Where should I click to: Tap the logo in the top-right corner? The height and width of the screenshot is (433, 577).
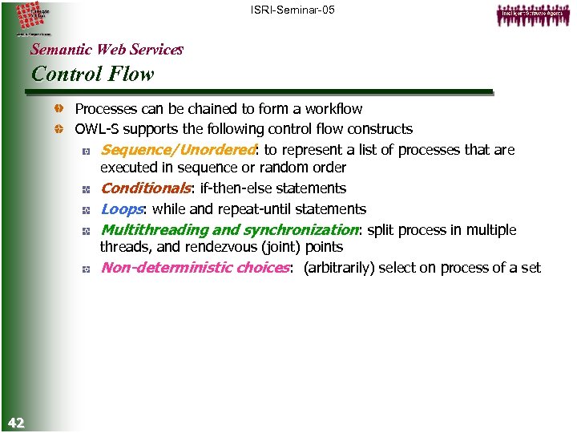pyautogui.click(x=531, y=14)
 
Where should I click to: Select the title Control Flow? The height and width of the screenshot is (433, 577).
pyautogui.click(x=92, y=75)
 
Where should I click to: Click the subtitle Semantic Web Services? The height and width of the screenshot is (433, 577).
pyautogui.click(x=107, y=50)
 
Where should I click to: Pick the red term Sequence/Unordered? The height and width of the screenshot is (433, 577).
pyautogui.click(x=176, y=150)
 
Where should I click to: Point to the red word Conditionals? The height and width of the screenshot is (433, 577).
pyautogui.click(x=144, y=188)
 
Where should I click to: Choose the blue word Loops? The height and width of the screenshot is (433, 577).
pyautogui.click(x=122, y=209)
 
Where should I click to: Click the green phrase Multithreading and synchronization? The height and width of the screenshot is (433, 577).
pyautogui.click(x=229, y=230)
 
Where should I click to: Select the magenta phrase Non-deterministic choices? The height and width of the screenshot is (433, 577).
pyautogui.click(x=194, y=268)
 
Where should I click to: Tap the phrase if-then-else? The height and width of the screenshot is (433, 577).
pyautogui.click(x=232, y=188)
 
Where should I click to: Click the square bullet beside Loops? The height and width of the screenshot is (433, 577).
pyautogui.click(x=85, y=210)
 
